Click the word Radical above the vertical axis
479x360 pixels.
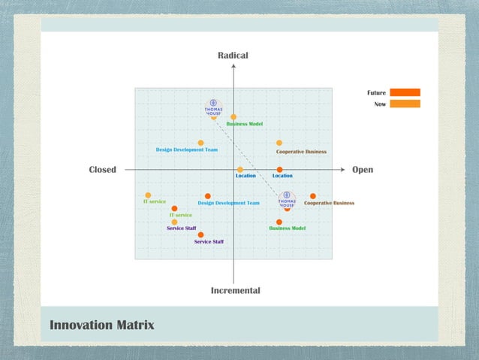233,56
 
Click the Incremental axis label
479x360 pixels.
235,290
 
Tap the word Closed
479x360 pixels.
102,170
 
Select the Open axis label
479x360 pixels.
363,170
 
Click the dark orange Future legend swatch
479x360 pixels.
405,92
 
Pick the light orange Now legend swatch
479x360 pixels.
405,104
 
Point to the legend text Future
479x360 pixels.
376,92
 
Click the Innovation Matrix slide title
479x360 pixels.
102,325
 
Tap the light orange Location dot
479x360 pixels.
240,170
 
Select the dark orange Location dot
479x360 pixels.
279,170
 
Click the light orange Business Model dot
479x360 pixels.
233,116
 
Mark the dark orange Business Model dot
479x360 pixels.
279,222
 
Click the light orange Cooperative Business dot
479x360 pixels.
279,143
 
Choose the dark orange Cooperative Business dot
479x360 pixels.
313,196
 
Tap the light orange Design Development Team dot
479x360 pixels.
200,143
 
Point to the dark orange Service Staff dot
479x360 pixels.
200,234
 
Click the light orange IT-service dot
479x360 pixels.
148,195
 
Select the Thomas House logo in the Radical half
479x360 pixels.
214,107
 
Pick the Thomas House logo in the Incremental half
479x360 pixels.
287,200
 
